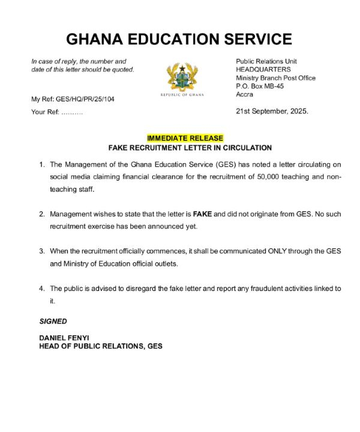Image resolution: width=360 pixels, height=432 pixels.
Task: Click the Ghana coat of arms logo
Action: click(185, 79)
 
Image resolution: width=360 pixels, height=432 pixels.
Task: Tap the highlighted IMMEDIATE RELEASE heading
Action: click(185, 138)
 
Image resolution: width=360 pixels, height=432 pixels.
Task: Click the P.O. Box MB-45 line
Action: click(260, 86)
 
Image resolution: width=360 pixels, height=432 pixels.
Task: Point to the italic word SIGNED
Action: click(53, 322)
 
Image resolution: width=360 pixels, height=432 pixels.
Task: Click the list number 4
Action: click(42, 289)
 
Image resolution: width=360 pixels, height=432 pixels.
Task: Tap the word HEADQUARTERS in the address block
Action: click(263, 70)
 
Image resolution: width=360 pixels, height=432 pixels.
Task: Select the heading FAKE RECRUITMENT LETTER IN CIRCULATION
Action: click(190, 148)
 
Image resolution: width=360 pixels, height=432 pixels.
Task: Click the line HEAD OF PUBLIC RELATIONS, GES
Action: click(101, 346)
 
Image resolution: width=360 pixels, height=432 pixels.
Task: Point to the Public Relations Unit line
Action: click(266, 61)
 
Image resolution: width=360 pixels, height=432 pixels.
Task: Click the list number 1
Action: click(42, 164)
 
